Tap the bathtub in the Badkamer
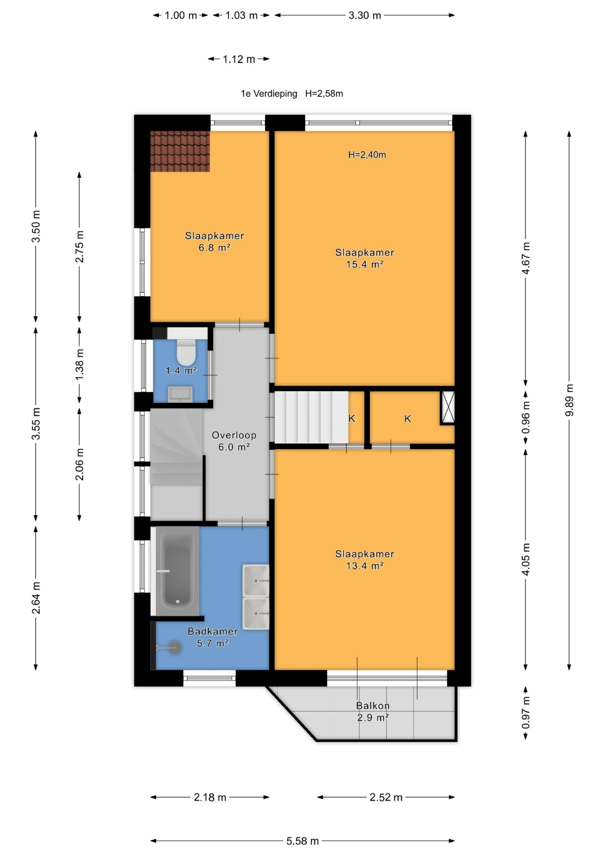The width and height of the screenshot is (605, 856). coord(177,571)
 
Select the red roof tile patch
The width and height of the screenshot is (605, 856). coord(180,151)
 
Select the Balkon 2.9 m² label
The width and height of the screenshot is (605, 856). coord(373,711)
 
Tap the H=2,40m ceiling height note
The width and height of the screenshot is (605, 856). coord(367,155)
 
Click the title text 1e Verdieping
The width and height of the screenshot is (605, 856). coord(269,94)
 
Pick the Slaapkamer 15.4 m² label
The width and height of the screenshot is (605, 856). coord(365,258)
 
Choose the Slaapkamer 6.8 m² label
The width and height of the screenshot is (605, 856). coord(214,242)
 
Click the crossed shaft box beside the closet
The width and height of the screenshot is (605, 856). coord(447,408)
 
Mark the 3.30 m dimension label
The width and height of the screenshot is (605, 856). coord(365,15)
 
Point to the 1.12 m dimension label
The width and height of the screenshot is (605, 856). coord(239,59)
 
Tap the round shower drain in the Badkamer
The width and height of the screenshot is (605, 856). coord(175,648)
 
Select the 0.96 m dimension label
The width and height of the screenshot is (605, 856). coord(526,418)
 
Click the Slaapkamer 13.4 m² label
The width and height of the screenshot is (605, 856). coord(365,560)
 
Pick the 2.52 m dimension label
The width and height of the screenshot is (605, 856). coord(386,797)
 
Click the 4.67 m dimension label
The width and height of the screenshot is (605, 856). coord(526,258)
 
